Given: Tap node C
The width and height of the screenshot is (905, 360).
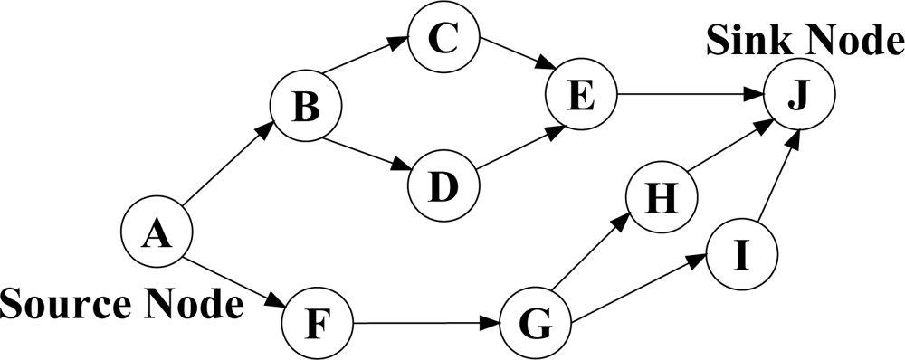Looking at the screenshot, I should (x=443, y=37).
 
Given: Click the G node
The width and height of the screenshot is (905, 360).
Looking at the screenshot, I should (x=536, y=323).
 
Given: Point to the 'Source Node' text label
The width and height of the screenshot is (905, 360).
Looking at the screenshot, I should (x=122, y=304).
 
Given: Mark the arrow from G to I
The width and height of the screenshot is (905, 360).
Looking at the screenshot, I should (x=639, y=287).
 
